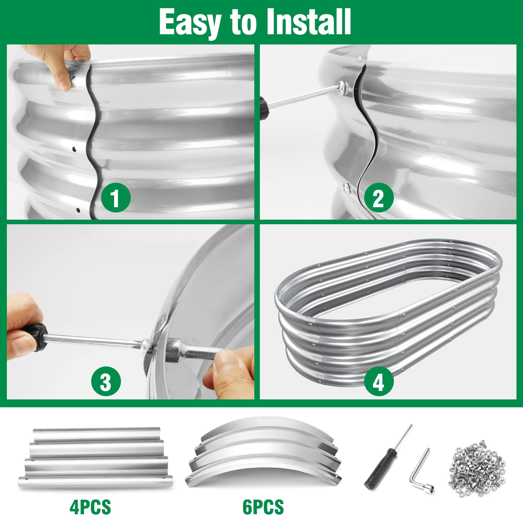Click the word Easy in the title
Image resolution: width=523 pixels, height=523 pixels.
coord(190,22)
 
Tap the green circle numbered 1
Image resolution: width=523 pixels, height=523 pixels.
coord(116,198)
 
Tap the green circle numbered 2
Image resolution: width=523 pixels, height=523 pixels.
coord(378,198)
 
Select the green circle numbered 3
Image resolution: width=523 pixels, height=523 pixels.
coord(106,381)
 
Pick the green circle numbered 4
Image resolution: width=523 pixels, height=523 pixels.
coord(378,381)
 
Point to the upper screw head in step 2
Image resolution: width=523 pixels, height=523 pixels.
coord(343,87)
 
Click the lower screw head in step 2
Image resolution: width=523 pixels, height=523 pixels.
coord(347,188)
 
